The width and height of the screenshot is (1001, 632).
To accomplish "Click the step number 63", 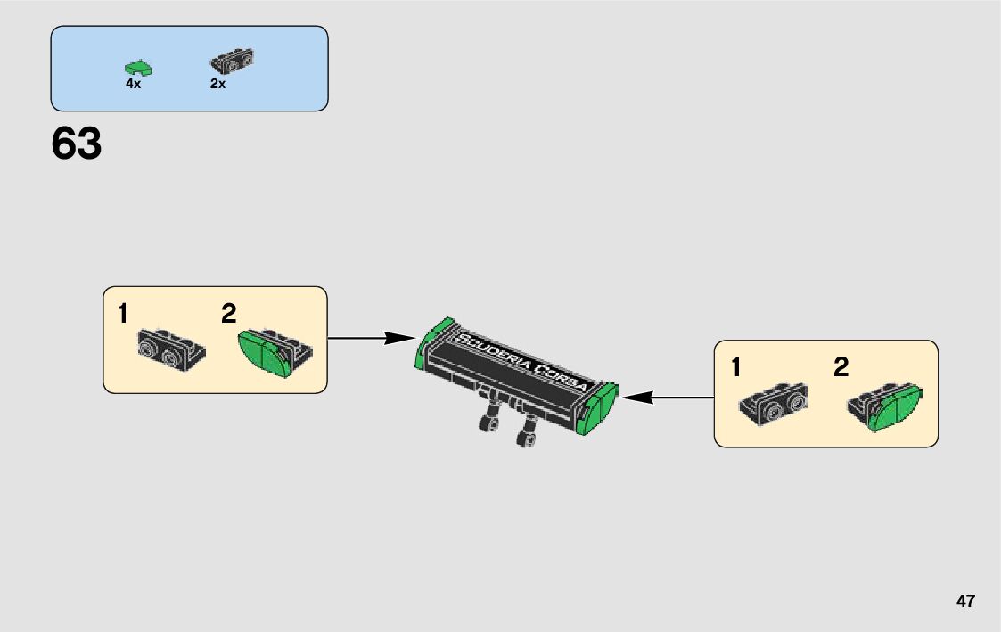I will (x=77, y=144).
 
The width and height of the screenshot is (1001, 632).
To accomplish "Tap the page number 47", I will (x=965, y=601).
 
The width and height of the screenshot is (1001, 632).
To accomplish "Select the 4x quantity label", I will (x=133, y=84).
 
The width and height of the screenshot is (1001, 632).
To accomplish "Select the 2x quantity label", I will (x=217, y=84).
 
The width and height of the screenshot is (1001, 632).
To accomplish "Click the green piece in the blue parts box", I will (x=138, y=67).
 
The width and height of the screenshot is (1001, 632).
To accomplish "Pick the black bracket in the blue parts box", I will (x=232, y=60).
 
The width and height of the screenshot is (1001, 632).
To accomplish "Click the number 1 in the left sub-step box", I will (x=123, y=314).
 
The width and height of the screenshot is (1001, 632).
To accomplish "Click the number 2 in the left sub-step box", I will (x=229, y=314).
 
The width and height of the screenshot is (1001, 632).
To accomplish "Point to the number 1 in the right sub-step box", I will (x=735, y=367).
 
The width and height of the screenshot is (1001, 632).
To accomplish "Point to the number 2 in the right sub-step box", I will (x=841, y=367).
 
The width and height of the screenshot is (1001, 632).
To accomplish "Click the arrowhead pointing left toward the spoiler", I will (x=634, y=398).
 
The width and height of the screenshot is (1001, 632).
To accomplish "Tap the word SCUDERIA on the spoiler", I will (x=492, y=355).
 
